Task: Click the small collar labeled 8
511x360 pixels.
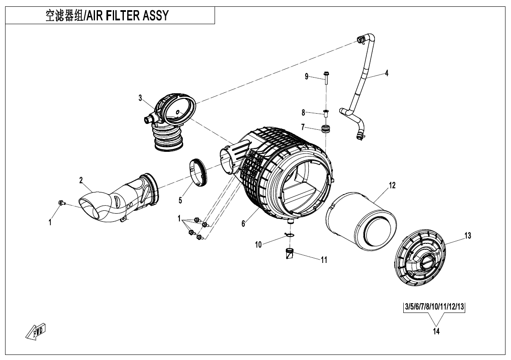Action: [326, 113]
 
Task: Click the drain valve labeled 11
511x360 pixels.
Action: [290, 256]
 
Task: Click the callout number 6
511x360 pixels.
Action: [243, 223]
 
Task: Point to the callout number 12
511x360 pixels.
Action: [392, 186]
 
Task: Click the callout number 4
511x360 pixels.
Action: [386, 73]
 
